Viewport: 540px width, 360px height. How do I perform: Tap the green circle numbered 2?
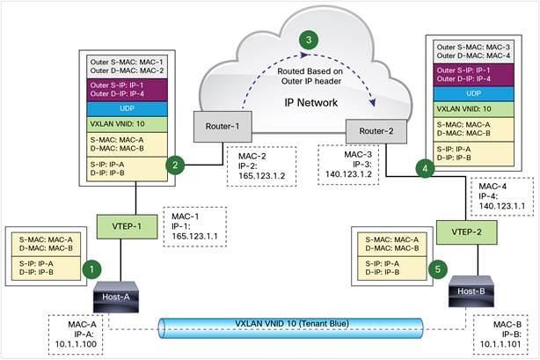coord(178,164)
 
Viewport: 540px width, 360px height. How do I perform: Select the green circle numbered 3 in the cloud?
coord(306,40)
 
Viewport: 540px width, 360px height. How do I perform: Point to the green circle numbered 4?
coord(427,166)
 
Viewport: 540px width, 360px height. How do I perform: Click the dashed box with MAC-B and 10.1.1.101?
coord(501,334)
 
